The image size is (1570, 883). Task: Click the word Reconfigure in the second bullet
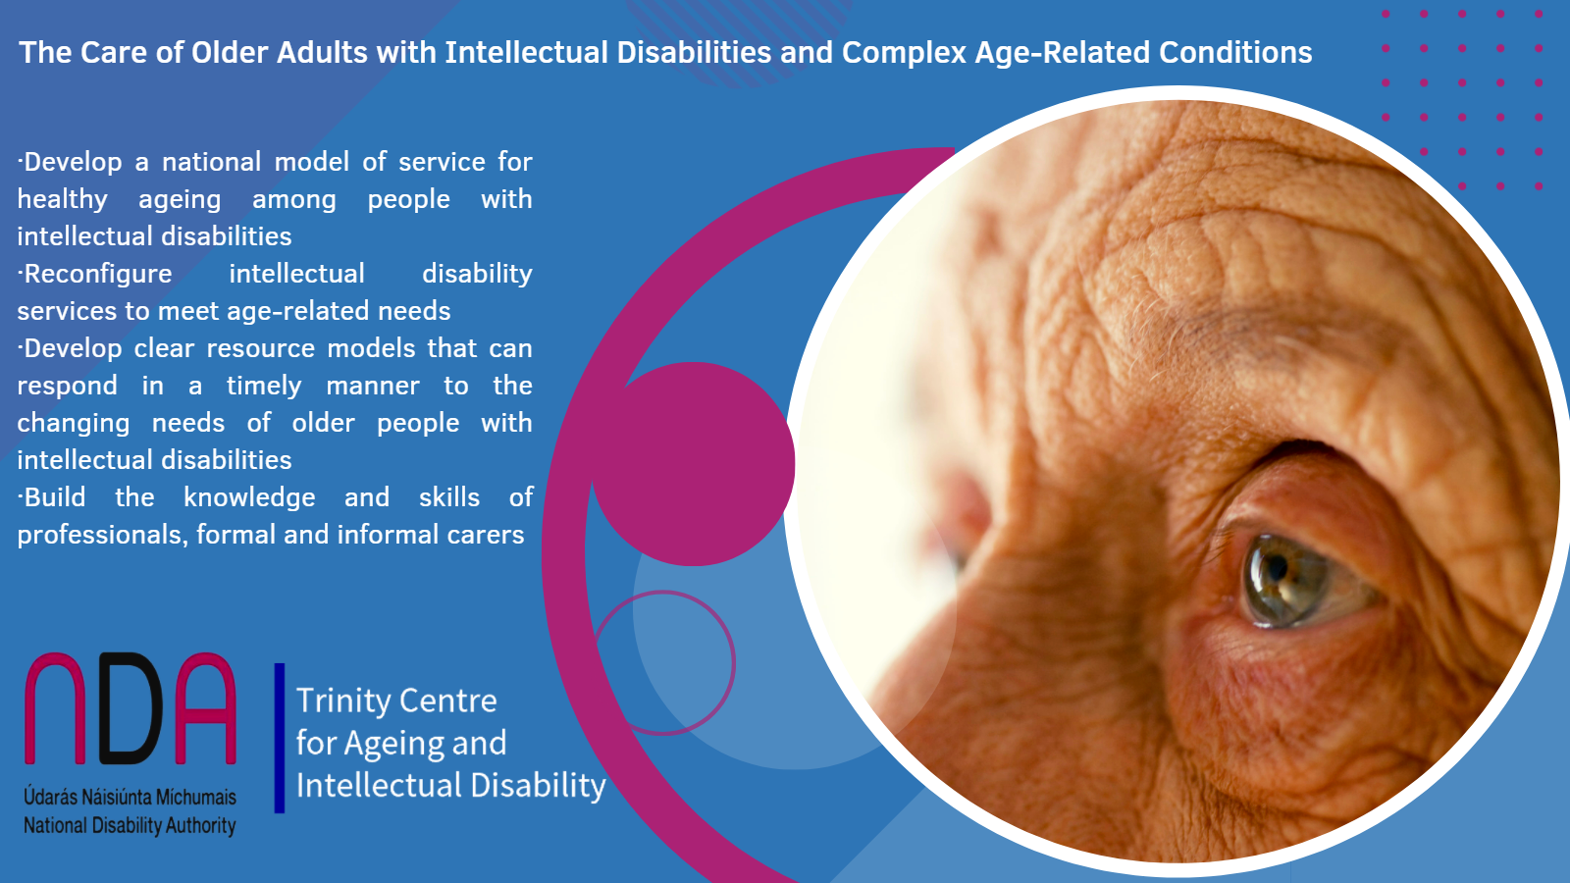coord(97,274)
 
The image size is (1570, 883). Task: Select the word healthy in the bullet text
coord(62,199)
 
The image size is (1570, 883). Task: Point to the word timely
coord(264,386)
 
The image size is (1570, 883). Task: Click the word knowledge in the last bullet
coord(249,497)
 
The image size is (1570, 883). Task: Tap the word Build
coord(55,497)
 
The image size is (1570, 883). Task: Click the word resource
coord(260,348)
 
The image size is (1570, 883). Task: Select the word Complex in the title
coord(904,52)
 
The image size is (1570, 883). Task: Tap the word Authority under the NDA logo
coord(200,825)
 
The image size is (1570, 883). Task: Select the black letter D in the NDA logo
coord(131,708)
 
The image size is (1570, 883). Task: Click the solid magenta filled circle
coord(693,464)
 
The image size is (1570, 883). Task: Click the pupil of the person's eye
coord(1277,568)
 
